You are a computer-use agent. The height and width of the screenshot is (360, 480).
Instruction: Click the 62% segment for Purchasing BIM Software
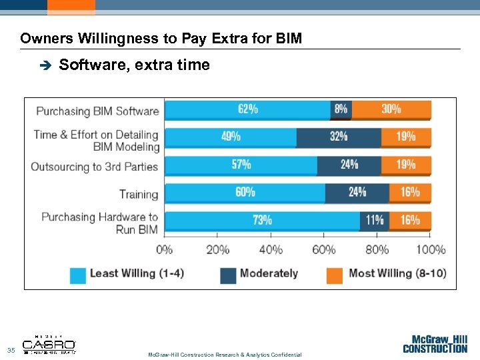[x=247, y=110]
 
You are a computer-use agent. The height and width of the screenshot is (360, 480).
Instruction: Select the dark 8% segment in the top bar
[x=341, y=110]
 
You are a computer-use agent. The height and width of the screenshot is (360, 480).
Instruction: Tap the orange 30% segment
[x=391, y=110]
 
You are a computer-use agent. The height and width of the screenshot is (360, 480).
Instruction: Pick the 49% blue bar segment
[x=231, y=137]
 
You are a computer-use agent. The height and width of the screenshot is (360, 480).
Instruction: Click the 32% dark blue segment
[x=339, y=137]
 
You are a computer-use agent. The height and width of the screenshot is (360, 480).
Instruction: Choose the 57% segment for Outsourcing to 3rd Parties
[x=241, y=165]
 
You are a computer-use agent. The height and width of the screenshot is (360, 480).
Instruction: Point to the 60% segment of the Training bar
[x=245, y=193]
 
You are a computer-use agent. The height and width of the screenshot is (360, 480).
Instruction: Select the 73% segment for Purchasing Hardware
[x=262, y=221]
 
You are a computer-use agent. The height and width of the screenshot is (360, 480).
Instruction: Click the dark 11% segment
[x=375, y=221]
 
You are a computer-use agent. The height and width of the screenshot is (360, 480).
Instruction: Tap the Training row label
[x=139, y=195]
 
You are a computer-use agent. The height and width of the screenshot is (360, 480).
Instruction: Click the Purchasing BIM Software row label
[x=97, y=111]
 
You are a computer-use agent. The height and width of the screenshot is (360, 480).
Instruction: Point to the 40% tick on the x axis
[x=270, y=250]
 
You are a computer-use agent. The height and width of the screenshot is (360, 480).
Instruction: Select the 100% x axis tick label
[x=431, y=250]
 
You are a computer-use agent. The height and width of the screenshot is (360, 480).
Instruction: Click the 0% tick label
[x=165, y=250]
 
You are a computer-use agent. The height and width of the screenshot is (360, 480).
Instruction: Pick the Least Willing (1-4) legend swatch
[x=79, y=274]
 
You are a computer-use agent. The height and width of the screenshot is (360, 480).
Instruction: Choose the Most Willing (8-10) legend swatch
[x=335, y=274]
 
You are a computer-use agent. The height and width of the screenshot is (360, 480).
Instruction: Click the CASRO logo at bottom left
[x=49, y=345]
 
